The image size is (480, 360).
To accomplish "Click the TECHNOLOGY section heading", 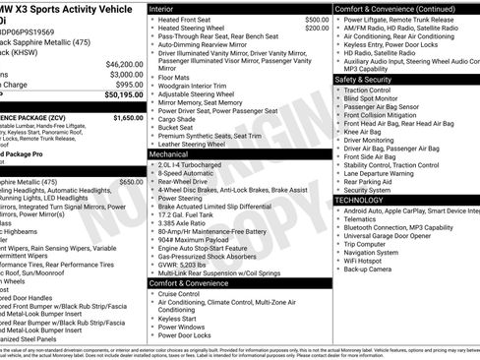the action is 359,200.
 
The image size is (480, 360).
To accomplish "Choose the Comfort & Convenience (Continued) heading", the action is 394,8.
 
